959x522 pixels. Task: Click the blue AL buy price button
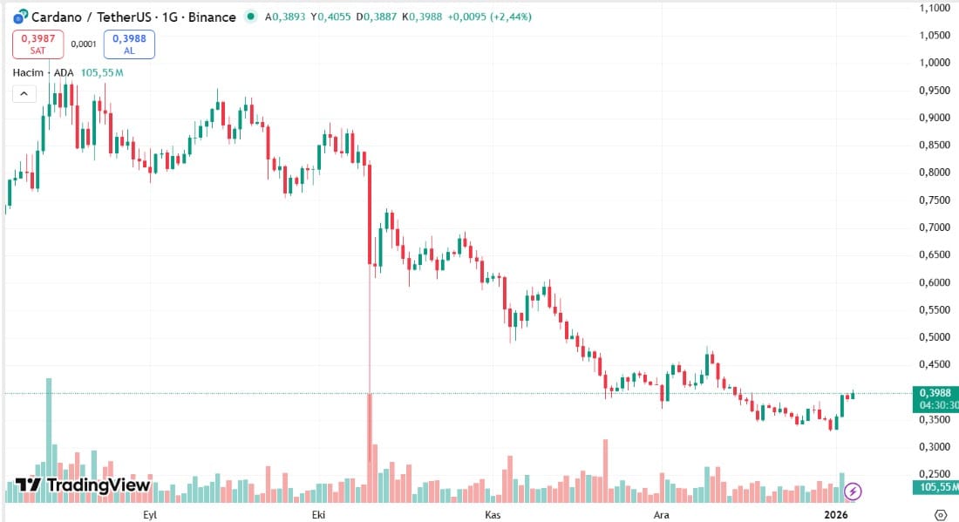click(129, 44)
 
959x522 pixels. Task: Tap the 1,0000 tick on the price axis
click(935, 63)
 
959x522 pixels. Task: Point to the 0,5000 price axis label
click(935, 337)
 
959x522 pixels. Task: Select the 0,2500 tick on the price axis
click(935, 474)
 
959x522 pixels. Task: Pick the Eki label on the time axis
click(320, 514)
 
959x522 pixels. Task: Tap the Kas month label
click(491, 514)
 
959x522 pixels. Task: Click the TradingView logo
click(83, 485)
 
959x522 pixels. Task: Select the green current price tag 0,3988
click(934, 393)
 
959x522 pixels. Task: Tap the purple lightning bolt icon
click(854, 491)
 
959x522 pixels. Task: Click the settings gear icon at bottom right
click(941, 514)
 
